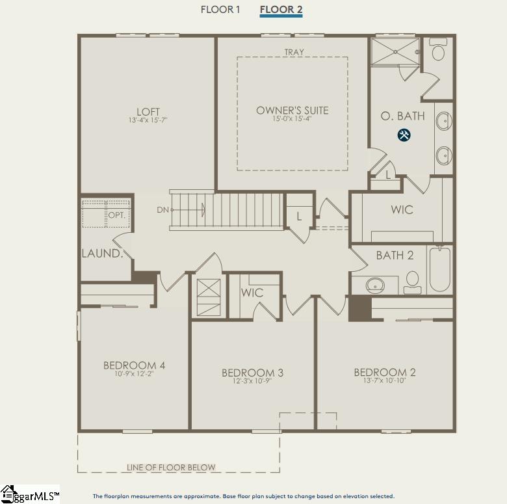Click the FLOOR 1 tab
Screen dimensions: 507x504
220,10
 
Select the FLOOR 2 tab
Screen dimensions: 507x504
281,10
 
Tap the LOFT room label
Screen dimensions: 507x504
148,112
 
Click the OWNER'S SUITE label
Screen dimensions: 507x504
292,111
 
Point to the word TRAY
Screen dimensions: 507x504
294,52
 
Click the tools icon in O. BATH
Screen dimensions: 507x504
404,135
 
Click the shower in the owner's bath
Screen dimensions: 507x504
395,52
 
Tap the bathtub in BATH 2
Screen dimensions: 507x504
439,269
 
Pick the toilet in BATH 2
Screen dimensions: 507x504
412,282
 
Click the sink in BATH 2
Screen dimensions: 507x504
375,285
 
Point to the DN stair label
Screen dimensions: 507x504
162,210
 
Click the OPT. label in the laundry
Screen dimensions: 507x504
117,215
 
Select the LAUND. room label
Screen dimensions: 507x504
103,254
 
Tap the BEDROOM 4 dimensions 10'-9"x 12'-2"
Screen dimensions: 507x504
134,374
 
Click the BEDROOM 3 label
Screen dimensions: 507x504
253,373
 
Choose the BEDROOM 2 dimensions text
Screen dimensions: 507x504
384,380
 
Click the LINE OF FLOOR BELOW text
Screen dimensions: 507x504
171,467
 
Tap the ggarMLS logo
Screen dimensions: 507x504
30,494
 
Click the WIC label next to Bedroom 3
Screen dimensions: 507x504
252,293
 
